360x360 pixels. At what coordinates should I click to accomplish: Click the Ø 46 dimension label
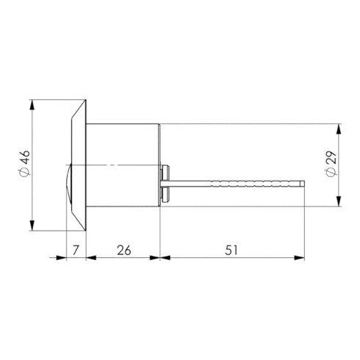coord(24,162)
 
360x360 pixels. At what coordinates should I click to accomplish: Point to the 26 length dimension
coord(123,251)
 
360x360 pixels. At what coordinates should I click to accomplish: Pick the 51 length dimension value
coord(232,251)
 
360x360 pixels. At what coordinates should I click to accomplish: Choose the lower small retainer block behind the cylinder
coord(165,192)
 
